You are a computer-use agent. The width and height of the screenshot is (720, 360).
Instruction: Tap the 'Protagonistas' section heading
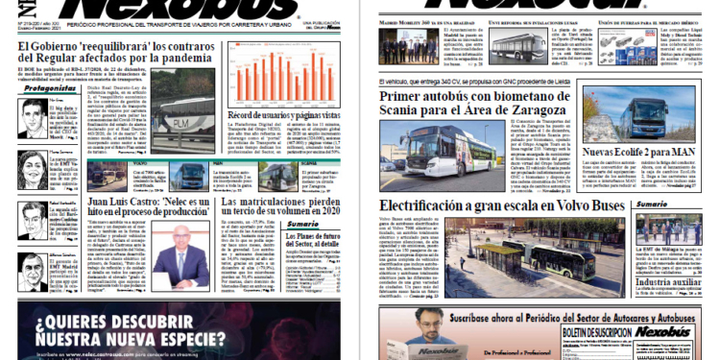(x=43, y=89)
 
